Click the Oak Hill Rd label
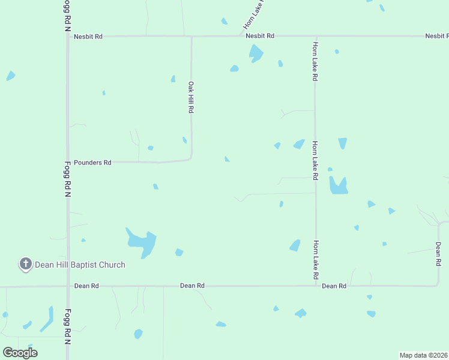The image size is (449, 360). [191, 98]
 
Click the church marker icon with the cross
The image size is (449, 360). [26, 264]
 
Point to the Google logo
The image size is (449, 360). [20, 352]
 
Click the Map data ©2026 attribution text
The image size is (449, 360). [423, 355]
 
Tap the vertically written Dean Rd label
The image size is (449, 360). [439, 254]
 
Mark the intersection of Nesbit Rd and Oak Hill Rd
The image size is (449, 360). [191, 37]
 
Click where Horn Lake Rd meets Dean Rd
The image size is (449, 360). [316, 286]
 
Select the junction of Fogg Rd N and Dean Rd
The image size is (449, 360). [68, 286]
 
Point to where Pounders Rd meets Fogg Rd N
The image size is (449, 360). [68, 162]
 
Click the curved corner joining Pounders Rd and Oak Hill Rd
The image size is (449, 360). [189, 158]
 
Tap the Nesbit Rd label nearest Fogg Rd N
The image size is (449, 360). [88, 37]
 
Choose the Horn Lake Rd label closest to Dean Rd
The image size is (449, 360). [315, 260]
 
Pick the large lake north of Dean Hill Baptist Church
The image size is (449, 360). [142, 242]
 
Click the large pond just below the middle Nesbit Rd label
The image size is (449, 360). [256, 53]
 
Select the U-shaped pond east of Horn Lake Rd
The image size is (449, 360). [339, 187]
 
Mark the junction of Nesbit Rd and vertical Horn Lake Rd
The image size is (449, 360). [316, 36]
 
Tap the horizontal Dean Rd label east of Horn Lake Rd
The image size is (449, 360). [334, 286]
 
